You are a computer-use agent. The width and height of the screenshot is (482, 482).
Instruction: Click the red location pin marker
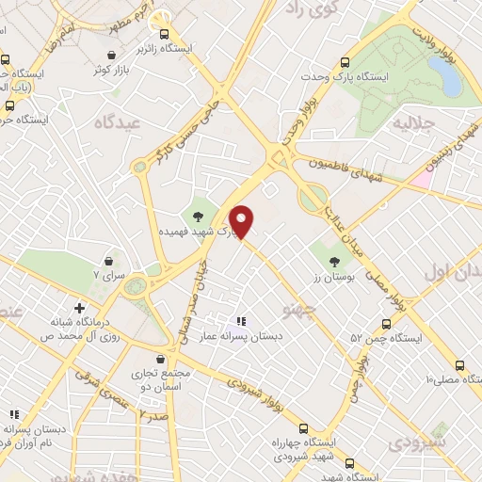[243, 221]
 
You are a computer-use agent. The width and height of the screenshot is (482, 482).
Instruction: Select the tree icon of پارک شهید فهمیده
[198, 217]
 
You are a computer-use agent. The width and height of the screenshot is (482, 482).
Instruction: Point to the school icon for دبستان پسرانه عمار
[240, 321]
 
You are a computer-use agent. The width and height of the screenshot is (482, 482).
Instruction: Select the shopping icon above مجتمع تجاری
[162, 360]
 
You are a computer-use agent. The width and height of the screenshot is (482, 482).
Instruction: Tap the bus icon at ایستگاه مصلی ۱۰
[458, 366]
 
